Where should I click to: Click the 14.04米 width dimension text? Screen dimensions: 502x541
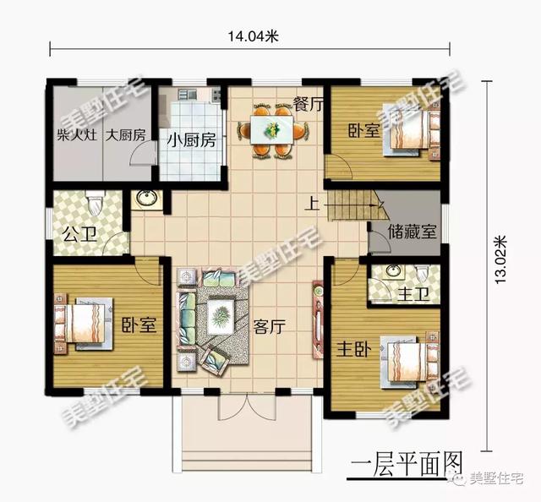[254, 35]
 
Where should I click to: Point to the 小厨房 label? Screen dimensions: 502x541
[191, 139]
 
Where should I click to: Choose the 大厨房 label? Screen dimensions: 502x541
[125, 135]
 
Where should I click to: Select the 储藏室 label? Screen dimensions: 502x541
[412, 231]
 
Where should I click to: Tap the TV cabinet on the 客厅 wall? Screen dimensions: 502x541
[319, 323]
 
